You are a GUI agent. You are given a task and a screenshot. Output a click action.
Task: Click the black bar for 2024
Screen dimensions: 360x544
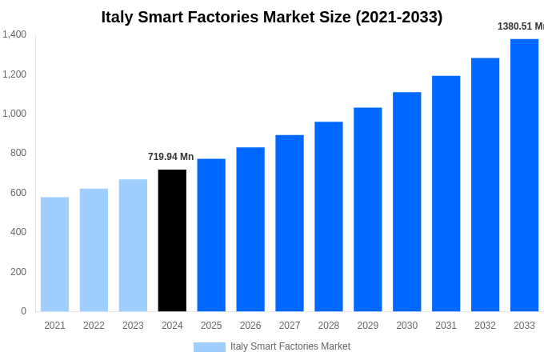(x=172, y=240)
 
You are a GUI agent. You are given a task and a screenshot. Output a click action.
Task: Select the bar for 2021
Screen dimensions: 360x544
(x=54, y=254)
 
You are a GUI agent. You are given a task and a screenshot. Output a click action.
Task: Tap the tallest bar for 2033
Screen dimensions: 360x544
(x=524, y=175)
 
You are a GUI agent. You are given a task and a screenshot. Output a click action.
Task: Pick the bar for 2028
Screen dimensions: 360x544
(x=329, y=216)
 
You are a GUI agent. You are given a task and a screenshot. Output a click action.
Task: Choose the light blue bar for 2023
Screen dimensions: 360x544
(x=133, y=245)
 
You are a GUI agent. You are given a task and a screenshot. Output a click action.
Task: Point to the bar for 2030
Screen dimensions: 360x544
(x=406, y=202)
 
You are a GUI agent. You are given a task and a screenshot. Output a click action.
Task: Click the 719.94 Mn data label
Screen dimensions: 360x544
(x=170, y=157)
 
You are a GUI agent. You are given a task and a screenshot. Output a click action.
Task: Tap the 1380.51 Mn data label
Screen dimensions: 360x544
(x=520, y=26)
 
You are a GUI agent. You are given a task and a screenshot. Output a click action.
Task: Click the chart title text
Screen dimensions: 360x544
(x=271, y=17)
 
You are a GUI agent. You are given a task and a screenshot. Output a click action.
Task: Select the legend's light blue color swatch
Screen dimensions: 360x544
(x=209, y=347)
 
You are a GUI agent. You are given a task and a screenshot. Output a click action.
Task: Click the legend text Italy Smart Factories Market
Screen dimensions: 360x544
(x=290, y=346)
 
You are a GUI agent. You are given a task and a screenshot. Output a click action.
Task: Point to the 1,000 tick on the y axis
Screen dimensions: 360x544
(x=14, y=114)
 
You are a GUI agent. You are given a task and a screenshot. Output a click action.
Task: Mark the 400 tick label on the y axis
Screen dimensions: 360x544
(x=18, y=232)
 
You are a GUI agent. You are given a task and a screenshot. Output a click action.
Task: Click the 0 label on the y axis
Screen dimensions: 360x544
(x=23, y=311)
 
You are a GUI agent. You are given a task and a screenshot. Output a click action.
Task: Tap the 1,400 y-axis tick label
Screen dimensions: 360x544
(x=14, y=34)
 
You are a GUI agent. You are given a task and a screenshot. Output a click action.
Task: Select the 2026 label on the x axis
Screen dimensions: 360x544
(x=250, y=326)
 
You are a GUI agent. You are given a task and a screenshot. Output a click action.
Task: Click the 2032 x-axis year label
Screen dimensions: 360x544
(x=485, y=326)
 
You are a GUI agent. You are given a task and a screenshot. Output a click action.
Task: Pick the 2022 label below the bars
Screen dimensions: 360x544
(x=94, y=326)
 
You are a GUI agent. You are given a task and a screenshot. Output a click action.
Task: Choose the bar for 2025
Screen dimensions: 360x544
(x=211, y=235)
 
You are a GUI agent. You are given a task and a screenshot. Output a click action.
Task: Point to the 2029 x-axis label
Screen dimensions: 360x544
(x=368, y=326)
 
